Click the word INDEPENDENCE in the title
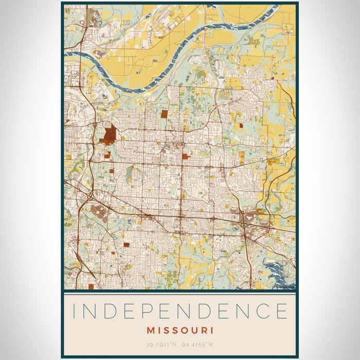[x=180, y=312]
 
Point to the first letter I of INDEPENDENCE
[x=75, y=312]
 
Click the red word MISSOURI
[x=180, y=330]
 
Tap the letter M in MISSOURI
[x=151, y=330]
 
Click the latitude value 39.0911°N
[x=160, y=344]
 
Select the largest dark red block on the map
[x=109, y=134]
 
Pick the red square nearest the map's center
[x=185, y=156]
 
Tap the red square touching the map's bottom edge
[x=91, y=287]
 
